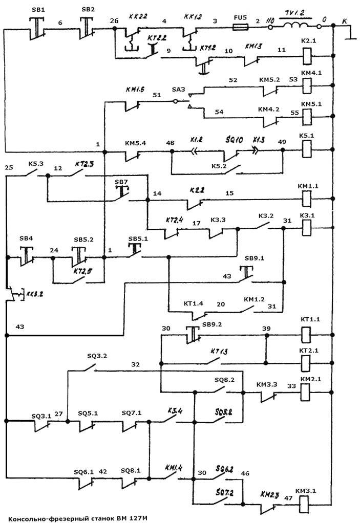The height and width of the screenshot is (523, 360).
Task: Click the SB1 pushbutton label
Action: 38,9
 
